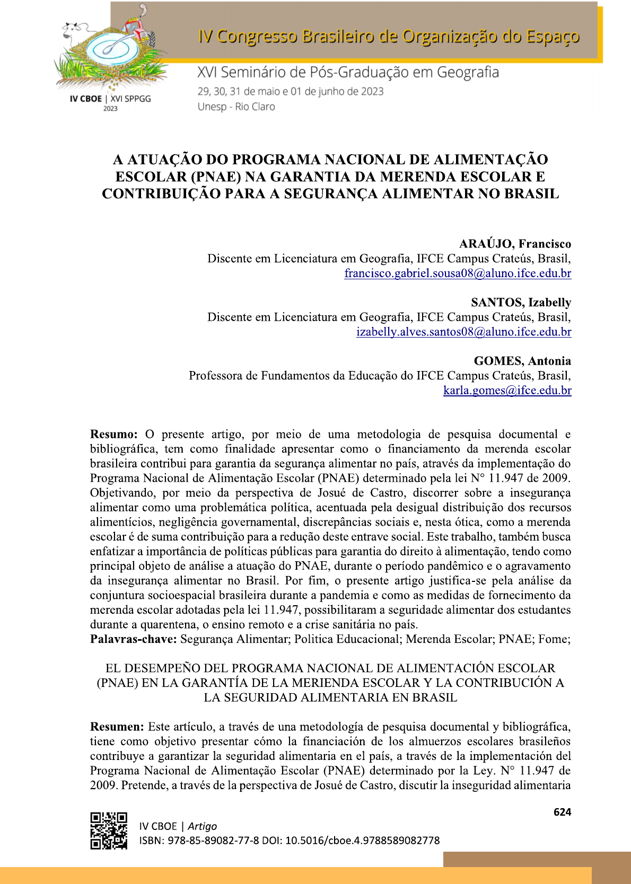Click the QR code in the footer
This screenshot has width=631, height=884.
(x=109, y=830)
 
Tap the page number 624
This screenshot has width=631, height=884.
(x=562, y=812)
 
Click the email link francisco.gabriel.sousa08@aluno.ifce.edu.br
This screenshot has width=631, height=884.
(x=458, y=273)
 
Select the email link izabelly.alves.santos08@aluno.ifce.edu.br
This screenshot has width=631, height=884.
(x=463, y=332)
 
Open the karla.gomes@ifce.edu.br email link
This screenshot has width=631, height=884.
(x=507, y=391)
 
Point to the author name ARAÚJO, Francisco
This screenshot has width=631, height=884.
(x=515, y=244)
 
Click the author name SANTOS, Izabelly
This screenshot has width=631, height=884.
(x=521, y=302)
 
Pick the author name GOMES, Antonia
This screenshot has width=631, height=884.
(x=522, y=361)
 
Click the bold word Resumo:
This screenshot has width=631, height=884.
(x=114, y=435)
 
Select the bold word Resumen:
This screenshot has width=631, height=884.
(x=117, y=727)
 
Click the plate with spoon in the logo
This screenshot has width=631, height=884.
(x=111, y=50)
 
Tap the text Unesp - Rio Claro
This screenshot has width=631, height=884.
(x=236, y=107)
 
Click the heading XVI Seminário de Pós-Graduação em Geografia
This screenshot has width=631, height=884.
(x=348, y=72)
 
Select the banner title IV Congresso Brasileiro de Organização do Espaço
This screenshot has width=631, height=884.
(x=388, y=37)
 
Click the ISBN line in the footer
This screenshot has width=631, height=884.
(x=289, y=841)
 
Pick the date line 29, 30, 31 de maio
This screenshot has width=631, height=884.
(x=290, y=91)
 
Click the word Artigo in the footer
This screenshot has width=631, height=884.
(x=202, y=826)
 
